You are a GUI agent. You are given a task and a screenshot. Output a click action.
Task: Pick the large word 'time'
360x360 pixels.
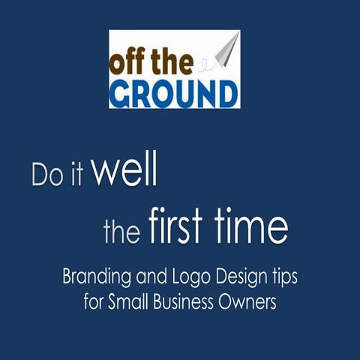252,227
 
